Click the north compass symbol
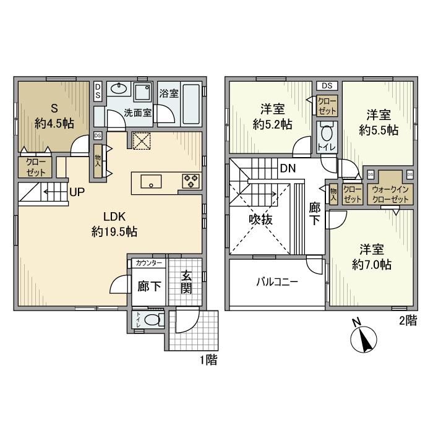(x=364, y=339)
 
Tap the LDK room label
(x=114, y=216)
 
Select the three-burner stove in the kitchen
(x=191, y=181)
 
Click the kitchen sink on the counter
(x=151, y=181)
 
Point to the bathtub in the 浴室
(x=191, y=104)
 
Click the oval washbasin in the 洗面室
(x=119, y=88)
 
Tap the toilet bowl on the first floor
(x=152, y=320)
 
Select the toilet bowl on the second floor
(x=327, y=134)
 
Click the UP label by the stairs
(x=77, y=192)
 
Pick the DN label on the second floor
(x=288, y=168)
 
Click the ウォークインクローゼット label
(x=390, y=194)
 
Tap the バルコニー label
(x=277, y=282)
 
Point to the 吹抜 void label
(x=260, y=220)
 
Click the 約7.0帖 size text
(x=372, y=265)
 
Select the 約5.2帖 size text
(x=273, y=124)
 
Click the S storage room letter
(x=54, y=108)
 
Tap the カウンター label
(x=149, y=263)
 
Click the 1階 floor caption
(x=208, y=360)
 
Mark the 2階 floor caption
(x=408, y=320)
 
